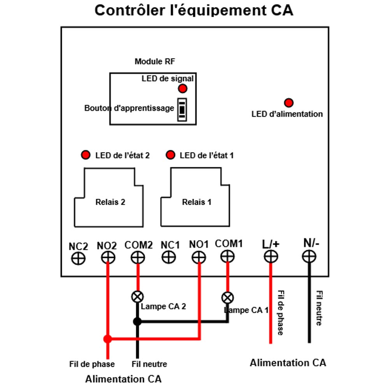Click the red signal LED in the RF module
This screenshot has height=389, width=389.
tap(182, 89)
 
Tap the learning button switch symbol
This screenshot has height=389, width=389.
tap(182, 110)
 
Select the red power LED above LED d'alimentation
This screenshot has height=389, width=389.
tap(289, 103)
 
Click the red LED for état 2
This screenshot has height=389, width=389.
tap(86, 155)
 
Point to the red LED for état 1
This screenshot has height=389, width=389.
tap(170, 155)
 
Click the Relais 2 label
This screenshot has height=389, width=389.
tap(110, 202)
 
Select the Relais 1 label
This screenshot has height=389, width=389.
tap(196, 202)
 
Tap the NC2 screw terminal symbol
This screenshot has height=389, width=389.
tap(79, 259)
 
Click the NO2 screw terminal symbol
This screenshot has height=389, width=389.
tap(108, 258)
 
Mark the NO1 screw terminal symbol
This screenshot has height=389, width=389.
tap(199, 257)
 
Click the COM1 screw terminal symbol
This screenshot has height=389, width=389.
tap(228, 256)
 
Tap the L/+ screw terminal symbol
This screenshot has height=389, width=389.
tap(271, 256)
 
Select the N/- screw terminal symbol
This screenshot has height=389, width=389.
tap(309, 256)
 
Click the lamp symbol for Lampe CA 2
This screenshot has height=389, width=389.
tap(137, 297)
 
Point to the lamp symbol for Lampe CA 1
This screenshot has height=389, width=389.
tap(228, 298)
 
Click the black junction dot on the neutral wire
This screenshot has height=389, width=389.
tap(137, 322)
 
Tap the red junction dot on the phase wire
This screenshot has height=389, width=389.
tap(108, 339)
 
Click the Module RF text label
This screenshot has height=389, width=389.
tap(155, 61)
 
